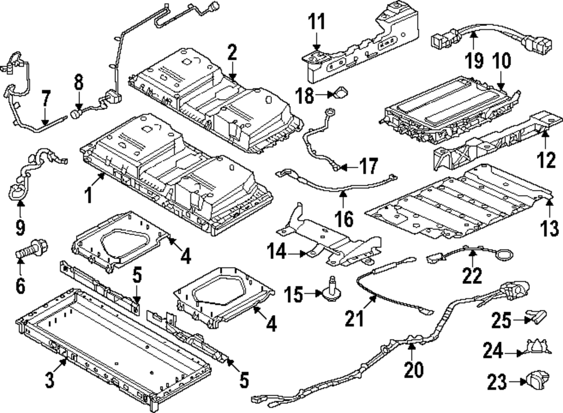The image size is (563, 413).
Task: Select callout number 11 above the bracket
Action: pyautogui.click(x=316, y=24)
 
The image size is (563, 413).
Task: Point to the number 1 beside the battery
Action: pyautogui.click(x=88, y=195)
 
